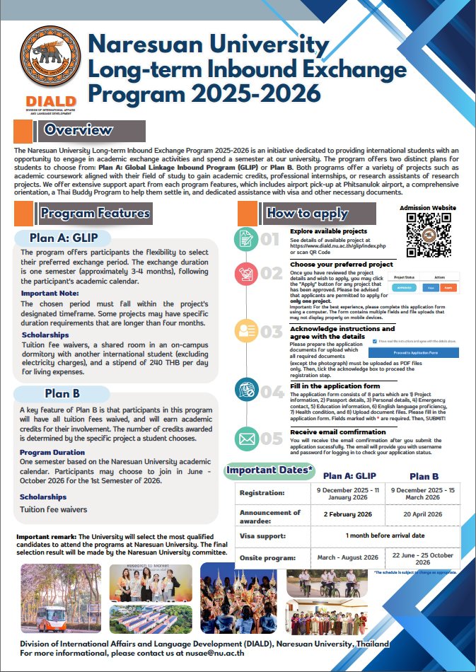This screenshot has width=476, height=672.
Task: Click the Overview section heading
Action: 78,130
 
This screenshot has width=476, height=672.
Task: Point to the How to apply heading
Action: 306,213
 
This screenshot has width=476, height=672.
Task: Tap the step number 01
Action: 270,239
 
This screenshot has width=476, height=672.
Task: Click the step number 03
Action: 271,332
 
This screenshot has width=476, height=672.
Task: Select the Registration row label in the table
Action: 262,492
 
